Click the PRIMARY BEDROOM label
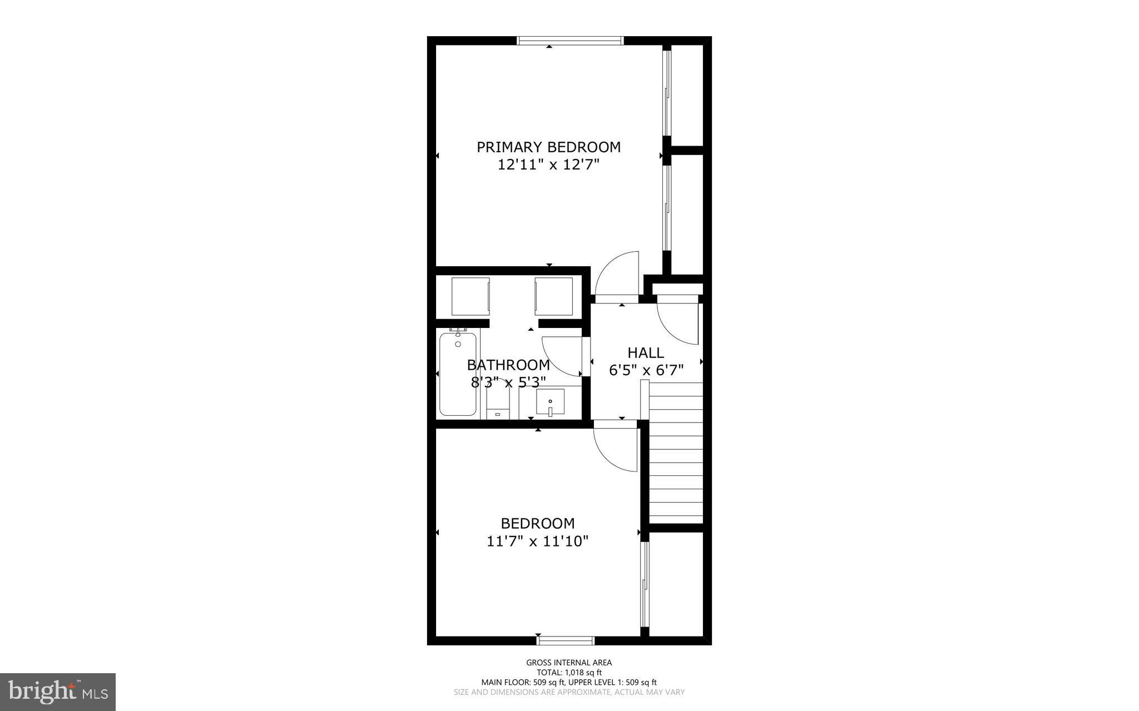click(548, 147)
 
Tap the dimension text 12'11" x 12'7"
click(548, 165)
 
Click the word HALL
click(645, 352)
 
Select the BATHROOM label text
click(508, 365)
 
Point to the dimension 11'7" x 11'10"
click(537, 541)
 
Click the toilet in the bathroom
click(498, 403)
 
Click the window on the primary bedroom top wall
click(570, 41)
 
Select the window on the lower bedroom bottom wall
click(566, 640)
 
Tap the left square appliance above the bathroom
click(471, 296)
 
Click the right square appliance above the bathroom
click(553, 296)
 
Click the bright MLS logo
click(58, 692)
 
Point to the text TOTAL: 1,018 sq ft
click(569, 672)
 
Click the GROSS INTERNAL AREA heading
click(569, 662)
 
